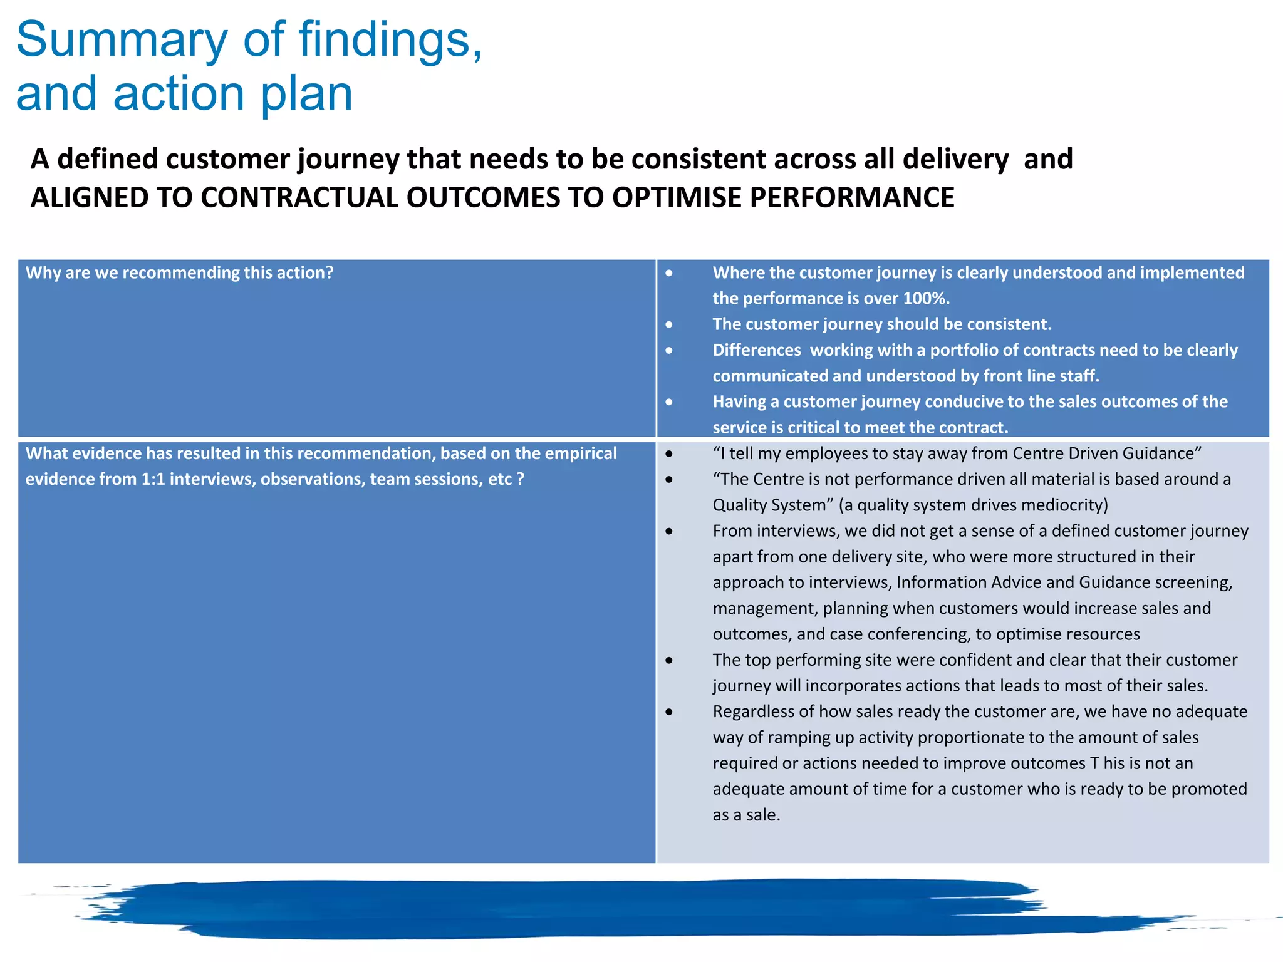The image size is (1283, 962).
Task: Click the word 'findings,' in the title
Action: coord(390,40)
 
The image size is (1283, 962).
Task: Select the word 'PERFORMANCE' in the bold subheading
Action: coord(852,198)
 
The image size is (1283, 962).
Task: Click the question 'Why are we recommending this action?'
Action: coord(179,273)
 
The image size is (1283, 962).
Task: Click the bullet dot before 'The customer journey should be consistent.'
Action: coord(669,324)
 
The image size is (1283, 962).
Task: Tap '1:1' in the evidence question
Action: coord(153,479)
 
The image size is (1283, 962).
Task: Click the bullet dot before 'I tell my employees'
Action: coord(669,453)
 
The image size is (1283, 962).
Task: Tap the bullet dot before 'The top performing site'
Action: coord(669,660)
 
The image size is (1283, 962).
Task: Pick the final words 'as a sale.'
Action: coord(746,815)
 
